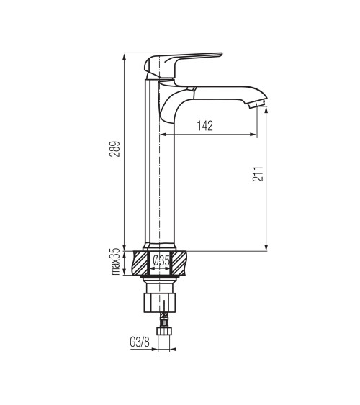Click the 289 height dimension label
pyautogui.click(x=115, y=149)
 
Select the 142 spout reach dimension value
pyautogui.click(x=205, y=126)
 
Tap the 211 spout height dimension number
pyautogui.click(x=258, y=174)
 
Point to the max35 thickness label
pyautogui.click(x=115, y=261)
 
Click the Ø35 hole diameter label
pyautogui.click(x=161, y=260)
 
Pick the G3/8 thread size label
pyautogui.click(x=140, y=342)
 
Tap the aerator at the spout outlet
pyautogui.click(x=256, y=104)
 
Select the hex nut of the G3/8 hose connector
pyautogui.click(x=164, y=331)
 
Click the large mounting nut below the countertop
pyautogui.click(x=159, y=303)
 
